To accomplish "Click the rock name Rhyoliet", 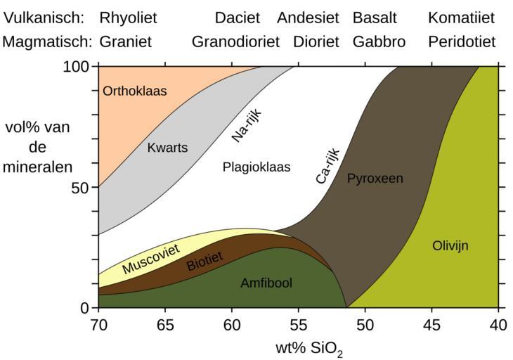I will [128, 18].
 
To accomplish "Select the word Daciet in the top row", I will [238, 18].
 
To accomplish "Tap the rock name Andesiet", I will [308, 18].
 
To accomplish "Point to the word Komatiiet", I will [461, 18].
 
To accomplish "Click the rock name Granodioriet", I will [236, 42].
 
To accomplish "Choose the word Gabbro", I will [379, 42].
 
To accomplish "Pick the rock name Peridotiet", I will [462, 42].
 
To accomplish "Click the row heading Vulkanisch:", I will [44, 18].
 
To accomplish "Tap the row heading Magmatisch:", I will [48, 42].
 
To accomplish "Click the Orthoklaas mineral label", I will [135, 91].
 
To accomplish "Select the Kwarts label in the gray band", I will [167, 148].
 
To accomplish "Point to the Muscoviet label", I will [150, 259].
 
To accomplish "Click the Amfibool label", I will [266, 283].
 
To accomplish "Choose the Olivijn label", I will [450, 246].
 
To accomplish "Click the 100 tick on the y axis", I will [79, 67].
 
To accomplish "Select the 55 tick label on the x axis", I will [299, 325].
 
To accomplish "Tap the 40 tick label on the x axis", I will [498, 325].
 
